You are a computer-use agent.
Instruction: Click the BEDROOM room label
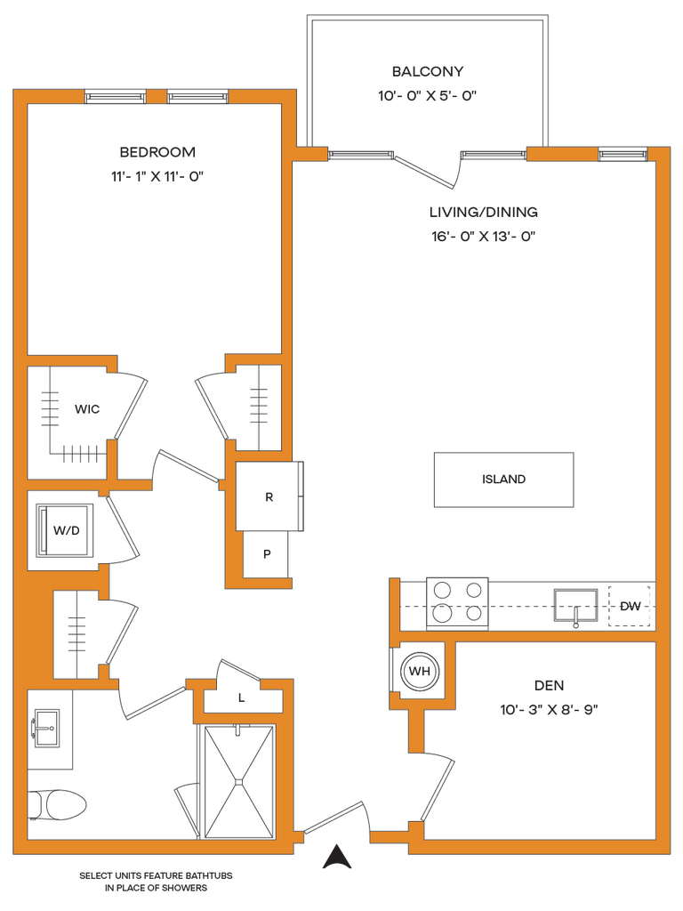pos(157,152)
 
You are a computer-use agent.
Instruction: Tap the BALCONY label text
pos(428,71)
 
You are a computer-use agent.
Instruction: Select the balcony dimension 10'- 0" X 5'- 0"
pos(428,96)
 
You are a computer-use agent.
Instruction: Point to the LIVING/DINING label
pos(483,212)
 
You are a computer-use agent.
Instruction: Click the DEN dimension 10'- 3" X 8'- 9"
pos(549,709)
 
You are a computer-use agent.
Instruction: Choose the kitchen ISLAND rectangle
pos(504,480)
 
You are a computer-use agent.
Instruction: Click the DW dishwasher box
pos(630,607)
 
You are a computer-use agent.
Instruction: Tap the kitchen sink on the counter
pos(575,608)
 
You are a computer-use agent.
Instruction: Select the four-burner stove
pos(457,604)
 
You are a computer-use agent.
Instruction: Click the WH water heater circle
pos(420,672)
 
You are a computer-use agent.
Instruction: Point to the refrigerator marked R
pos(269,496)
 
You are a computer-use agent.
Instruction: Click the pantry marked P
pos(267,554)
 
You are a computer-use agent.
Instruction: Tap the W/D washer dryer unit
pos(65,530)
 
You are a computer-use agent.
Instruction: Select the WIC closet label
pos(87,409)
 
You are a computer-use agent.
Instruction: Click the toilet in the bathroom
pos(57,804)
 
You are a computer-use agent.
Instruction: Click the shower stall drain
pos(237,782)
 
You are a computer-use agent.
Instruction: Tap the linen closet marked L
pos(242,697)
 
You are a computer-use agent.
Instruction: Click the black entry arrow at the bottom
pos(337,856)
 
